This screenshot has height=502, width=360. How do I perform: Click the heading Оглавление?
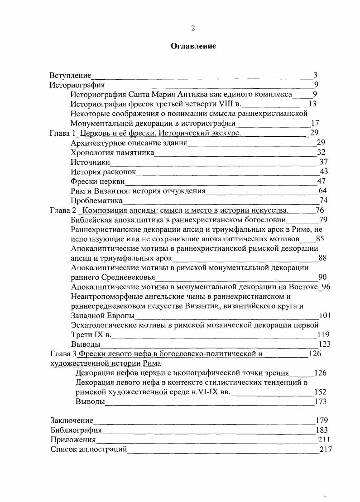193,46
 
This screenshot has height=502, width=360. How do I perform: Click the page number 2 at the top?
193,28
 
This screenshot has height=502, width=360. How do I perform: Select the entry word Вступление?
70,75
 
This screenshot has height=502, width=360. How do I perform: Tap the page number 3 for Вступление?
315,75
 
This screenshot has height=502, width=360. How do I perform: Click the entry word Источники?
91,162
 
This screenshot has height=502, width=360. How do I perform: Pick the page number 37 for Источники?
323,162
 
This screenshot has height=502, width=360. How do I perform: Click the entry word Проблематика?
97,201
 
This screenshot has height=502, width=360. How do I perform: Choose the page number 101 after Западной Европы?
326,316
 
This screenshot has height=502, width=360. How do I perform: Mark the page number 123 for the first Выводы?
325,344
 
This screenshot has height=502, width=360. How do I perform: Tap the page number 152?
320,392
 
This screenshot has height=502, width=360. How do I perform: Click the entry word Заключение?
72,421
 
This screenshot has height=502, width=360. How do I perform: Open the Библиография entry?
76,430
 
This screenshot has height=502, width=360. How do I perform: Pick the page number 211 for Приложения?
325,440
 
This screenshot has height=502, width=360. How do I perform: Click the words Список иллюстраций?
88,449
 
